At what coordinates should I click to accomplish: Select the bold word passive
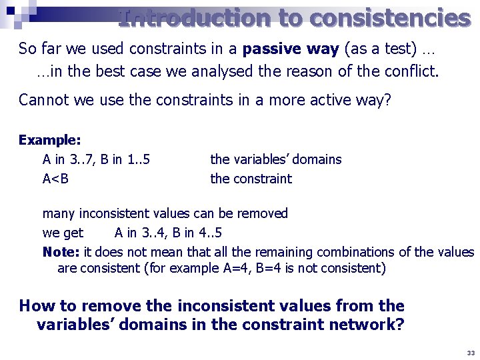click(x=272, y=49)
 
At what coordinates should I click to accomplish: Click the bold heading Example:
click(x=50, y=140)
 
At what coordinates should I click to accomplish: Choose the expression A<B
click(x=55, y=179)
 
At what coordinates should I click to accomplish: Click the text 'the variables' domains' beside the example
click(x=275, y=159)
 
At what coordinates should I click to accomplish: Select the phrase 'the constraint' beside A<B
click(x=251, y=179)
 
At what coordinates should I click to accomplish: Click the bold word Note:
click(x=61, y=252)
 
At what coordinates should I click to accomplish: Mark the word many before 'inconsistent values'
click(x=59, y=213)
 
